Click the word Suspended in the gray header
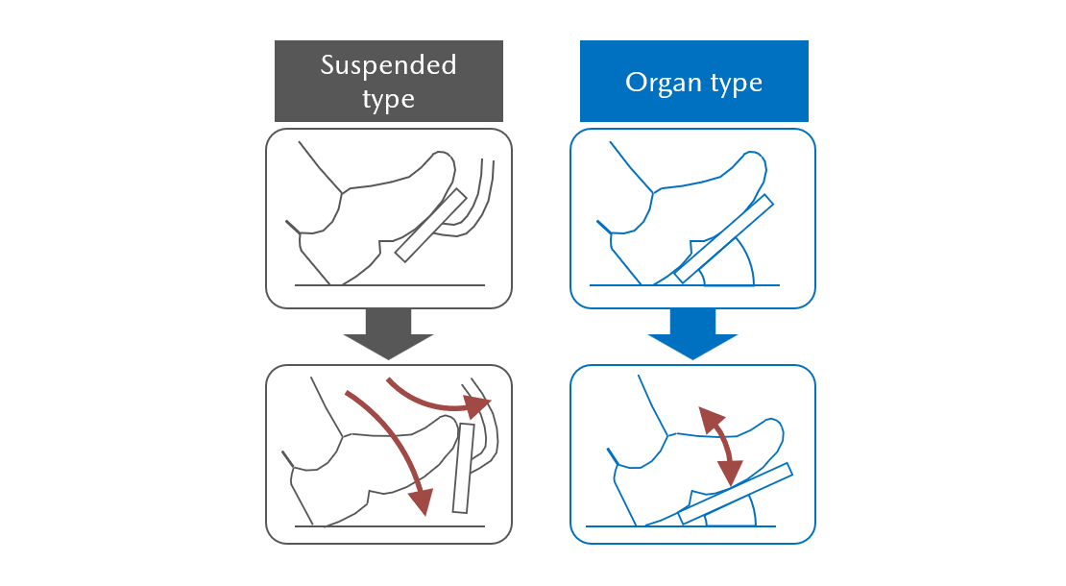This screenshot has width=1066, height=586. point(388,65)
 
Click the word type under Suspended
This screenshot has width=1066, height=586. point(388,98)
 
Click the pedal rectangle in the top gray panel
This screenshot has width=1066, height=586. point(430,225)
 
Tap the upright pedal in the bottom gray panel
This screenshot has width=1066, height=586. point(464,468)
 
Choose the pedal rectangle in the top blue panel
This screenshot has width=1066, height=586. point(724,238)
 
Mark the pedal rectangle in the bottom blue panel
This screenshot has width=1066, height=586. point(735,494)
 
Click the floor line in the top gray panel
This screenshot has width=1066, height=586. point(389,285)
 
